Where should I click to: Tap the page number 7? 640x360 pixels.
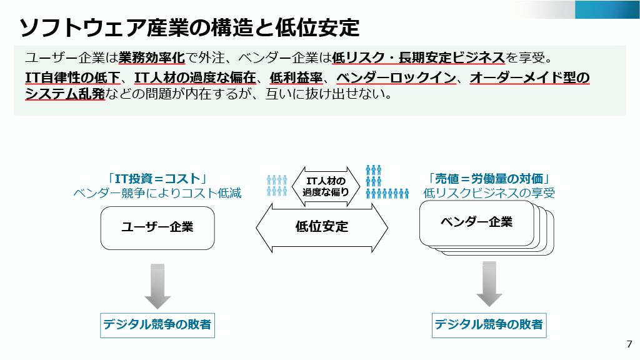[x=629, y=344]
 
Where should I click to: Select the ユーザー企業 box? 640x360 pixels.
[x=157, y=227]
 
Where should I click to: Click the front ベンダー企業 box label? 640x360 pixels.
[x=476, y=222]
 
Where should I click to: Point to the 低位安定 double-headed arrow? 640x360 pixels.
[x=321, y=227]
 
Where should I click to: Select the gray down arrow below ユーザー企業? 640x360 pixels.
[x=157, y=286]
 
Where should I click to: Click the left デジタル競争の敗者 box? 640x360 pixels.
[x=157, y=324]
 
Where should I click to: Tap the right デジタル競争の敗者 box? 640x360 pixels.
[x=489, y=324]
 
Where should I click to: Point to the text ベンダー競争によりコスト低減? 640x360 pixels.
[x=157, y=193]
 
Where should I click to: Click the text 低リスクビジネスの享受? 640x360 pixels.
[x=489, y=193]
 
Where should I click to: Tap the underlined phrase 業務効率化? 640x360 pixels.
[x=152, y=58]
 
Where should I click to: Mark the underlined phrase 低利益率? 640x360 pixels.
[x=296, y=78]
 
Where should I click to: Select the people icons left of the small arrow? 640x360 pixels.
[x=277, y=185]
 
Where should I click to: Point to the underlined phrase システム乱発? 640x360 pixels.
[x=64, y=95]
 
